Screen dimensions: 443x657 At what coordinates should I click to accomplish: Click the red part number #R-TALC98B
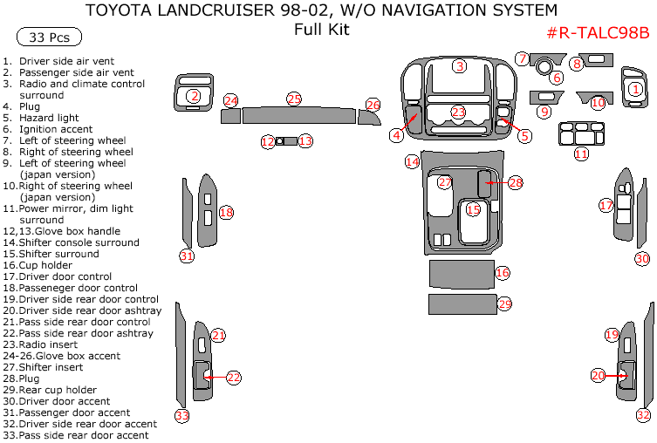click(598, 33)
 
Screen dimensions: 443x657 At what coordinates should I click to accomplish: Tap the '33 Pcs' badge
click(49, 37)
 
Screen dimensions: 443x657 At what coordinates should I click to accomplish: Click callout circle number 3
click(459, 66)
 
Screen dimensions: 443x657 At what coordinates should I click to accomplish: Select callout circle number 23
click(459, 112)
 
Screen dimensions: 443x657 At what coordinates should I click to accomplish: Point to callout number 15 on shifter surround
click(473, 209)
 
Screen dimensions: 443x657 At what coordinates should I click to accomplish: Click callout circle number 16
click(502, 273)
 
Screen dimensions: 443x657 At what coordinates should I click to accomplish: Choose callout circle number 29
click(504, 304)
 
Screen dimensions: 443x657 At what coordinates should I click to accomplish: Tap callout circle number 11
click(581, 153)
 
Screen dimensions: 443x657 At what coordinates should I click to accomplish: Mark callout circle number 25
click(294, 99)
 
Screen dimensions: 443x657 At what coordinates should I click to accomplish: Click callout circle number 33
click(181, 415)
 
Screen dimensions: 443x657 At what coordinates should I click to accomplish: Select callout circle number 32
click(643, 415)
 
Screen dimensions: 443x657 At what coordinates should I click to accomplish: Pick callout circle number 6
click(556, 78)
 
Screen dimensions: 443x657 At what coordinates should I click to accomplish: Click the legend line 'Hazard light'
click(49, 118)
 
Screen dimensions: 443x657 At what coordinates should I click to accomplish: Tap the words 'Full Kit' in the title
click(321, 30)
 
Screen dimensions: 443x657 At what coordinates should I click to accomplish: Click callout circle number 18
click(226, 212)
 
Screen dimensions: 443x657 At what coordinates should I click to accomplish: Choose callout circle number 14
click(412, 162)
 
